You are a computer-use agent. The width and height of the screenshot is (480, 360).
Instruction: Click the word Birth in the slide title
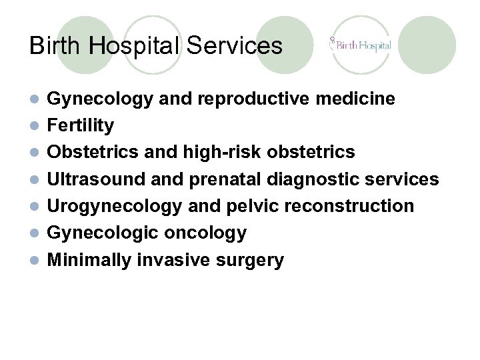click(x=51, y=45)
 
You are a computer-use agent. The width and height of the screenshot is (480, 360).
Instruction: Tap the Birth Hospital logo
click(x=360, y=46)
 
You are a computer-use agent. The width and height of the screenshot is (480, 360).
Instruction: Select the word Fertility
click(x=81, y=125)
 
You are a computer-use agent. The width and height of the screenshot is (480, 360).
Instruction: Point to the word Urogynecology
click(x=114, y=206)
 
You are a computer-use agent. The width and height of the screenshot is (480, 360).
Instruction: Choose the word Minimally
click(x=89, y=260)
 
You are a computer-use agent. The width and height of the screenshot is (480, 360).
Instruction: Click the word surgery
click(x=251, y=260)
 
